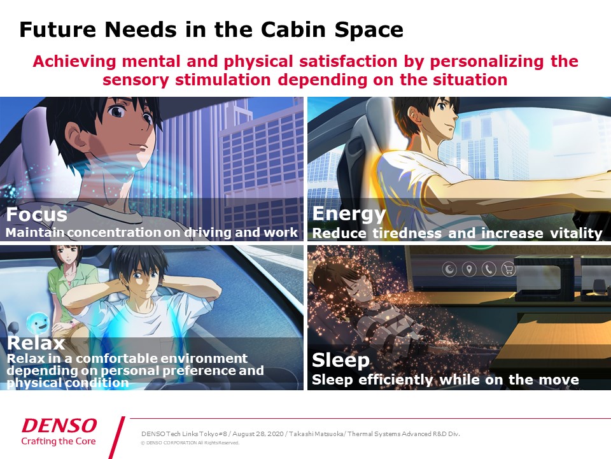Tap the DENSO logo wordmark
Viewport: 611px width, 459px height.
59,425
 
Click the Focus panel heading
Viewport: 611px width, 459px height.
37,215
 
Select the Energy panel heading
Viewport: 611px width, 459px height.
349,214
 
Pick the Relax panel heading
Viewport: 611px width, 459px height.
36,343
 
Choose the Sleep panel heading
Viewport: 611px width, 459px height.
341,360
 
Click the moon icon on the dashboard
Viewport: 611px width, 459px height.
450,269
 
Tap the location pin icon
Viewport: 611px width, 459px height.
469,269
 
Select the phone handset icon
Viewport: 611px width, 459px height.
489,269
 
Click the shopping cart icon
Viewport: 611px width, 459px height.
508,269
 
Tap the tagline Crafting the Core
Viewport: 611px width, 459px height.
59,441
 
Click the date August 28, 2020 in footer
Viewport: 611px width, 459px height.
258,434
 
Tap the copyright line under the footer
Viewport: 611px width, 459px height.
190,442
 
